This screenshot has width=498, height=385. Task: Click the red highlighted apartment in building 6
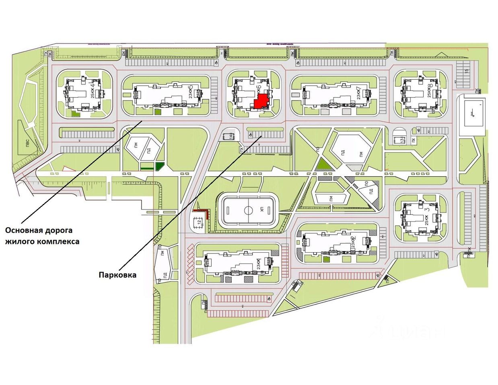click(261, 102)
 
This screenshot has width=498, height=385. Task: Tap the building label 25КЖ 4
click(93, 91)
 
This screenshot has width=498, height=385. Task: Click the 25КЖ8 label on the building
click(430, 90)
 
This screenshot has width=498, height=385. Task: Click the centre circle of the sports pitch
click(248, 210)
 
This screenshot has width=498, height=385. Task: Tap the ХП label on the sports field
click(262, 210)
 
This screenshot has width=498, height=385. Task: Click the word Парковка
click(117, 275)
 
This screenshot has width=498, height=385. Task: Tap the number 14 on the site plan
click(230, 136)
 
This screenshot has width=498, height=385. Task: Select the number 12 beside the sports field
click(198, 222)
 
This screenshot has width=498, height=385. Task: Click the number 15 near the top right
click(466, 72)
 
